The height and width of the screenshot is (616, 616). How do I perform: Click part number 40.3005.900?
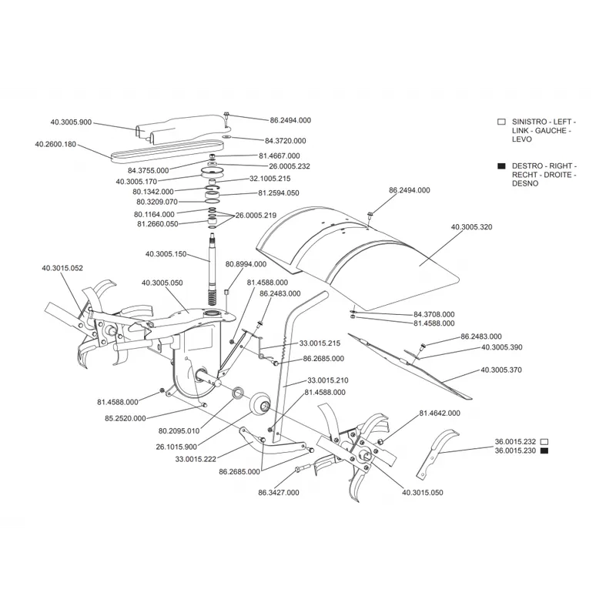(x=71, y=122)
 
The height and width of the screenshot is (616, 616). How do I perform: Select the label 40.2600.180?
(x=55, y=144)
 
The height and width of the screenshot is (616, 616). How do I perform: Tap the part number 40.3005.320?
(x=471, y=227)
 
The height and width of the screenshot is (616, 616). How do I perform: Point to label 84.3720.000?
(x=285, y=141)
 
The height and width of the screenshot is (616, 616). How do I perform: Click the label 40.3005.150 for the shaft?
(x=166, y=254)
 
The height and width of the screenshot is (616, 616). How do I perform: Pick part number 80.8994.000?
(x=246, y=264)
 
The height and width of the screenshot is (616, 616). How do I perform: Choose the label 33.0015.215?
(x=320, y=343)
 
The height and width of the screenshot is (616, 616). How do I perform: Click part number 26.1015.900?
(x=176, y=447)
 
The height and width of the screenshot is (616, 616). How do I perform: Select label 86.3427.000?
(x=279, y=493)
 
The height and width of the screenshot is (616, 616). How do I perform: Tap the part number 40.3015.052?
(x=62, y=268)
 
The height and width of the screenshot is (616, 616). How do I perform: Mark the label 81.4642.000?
(x=440, y=413)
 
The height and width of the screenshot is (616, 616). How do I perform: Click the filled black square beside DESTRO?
(x=501, y=166)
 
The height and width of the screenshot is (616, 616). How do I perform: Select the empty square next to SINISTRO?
(x=501, y=122)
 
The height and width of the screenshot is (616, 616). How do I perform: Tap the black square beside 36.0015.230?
(x=544, y=450)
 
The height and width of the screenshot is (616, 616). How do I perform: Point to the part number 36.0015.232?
(x=515, y=442)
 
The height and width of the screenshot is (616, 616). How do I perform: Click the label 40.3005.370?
(x=501, y=370)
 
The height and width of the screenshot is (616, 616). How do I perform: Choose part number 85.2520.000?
(x=126, y=418)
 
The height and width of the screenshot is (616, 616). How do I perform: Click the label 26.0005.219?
(x=256, y=216)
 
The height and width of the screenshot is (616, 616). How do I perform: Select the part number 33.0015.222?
(x=196, y=459)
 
